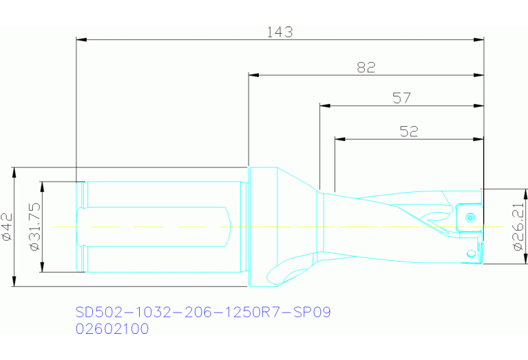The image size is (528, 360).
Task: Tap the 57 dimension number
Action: (x=401, y=98)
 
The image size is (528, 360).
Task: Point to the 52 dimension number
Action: (x=409, y=131)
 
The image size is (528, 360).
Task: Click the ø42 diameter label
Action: (x=8, y=226)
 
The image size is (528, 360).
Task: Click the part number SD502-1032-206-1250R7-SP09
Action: (x=203, y=313)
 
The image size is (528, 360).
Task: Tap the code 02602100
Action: (x=112, y=329)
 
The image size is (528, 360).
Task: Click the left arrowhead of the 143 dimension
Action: (x=81, y=40)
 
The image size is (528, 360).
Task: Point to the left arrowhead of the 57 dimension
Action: (x=325, y=106)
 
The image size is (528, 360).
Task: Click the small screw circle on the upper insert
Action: (x=469, y=218)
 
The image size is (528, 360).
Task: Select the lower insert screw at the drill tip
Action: (x=472, y=253)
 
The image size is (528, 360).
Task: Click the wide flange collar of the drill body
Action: (x=261, y=226)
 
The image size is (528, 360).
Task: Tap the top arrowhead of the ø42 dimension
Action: (x=14, y=171)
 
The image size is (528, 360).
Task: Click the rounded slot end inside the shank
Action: (x=225, y=226)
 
